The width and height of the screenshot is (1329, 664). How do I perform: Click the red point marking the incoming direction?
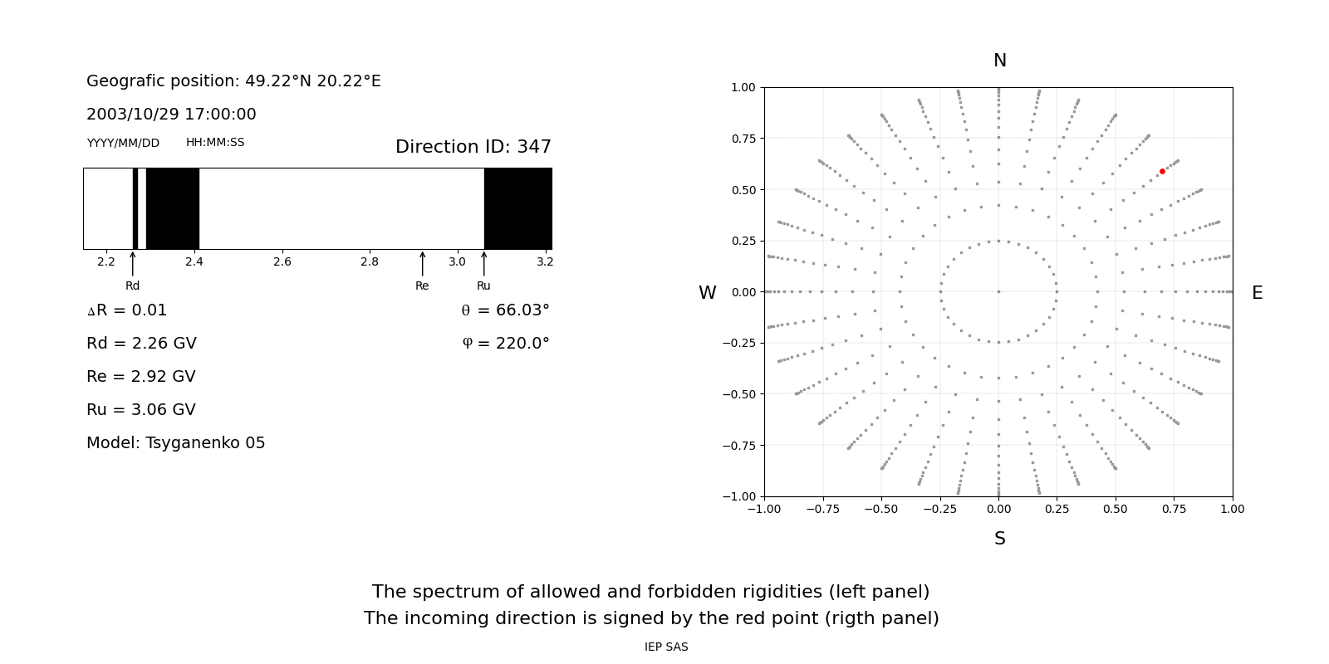[x=1162, y=171]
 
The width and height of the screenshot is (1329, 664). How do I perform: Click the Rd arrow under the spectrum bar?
[x=133, y=264]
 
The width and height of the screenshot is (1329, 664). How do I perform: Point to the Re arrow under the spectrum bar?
[x=423, y=264]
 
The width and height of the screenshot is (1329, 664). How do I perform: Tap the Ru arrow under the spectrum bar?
[x=484, y=264]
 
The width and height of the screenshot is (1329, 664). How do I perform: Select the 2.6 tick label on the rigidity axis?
[x=282, y=262]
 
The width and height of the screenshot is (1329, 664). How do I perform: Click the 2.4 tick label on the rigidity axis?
[x=194, y=262]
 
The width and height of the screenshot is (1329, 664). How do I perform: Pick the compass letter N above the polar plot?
[x=1000, y=61]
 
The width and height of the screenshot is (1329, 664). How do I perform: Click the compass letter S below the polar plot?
[x=1000, y=539]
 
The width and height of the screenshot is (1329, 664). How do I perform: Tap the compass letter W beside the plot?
[x=707, y=293]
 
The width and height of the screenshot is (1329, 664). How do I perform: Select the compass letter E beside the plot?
[x=1258, y=293]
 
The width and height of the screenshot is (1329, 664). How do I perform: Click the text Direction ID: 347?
[x=473, y=146]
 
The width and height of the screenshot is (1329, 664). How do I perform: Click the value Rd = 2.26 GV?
[x=141, y=344]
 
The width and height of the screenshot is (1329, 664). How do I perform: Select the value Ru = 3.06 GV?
[x=141, y=410]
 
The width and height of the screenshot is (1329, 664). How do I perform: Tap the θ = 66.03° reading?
[x=506, y=310]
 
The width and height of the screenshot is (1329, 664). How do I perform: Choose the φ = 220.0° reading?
[x=506, y=344]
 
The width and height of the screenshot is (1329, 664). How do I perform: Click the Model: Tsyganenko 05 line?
[x=175, y=443]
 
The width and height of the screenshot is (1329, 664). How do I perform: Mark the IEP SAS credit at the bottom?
[x=666, y=647]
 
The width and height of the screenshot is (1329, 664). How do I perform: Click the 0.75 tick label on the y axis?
[x=743, y=139]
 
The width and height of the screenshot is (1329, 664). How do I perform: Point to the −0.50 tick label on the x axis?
[x=881, y=510]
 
